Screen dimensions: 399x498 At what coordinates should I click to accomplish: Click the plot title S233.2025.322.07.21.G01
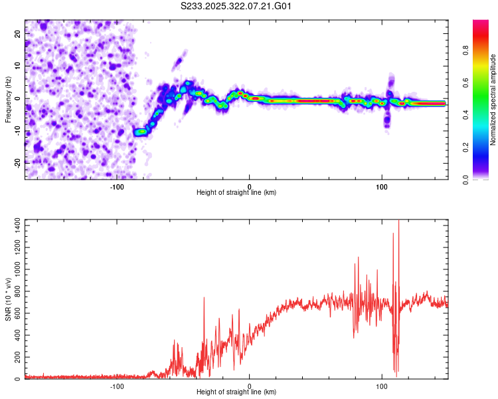pyautogui.click(x=237, y=6)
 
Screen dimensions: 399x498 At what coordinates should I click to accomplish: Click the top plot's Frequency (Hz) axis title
pyautogui.click(x=8, y=99)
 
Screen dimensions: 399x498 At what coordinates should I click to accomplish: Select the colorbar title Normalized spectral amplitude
pyautogui.click(x=493, y=100)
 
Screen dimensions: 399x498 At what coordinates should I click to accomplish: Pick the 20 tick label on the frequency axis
pyautogui.click(x=18, y=35)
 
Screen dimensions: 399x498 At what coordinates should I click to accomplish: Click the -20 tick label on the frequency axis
pyautogui.click(x=17, y=162)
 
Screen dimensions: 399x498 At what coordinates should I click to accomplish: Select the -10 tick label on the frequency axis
pyautogui.click(x=17, y=130)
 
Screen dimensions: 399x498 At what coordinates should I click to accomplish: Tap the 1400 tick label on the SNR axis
pyautogui.click(x=14, y=227)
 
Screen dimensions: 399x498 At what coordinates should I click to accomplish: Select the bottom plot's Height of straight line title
pyautogui.click(x=236, y=392)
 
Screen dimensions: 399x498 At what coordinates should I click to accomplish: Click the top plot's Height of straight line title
pyautogui.click(x=236, y=192)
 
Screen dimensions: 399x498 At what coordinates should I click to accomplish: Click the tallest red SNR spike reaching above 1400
pyautogui.click(x=398, y=223)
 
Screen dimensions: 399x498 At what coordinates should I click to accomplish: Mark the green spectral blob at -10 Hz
pyautogui.click(x=140, y=132)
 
